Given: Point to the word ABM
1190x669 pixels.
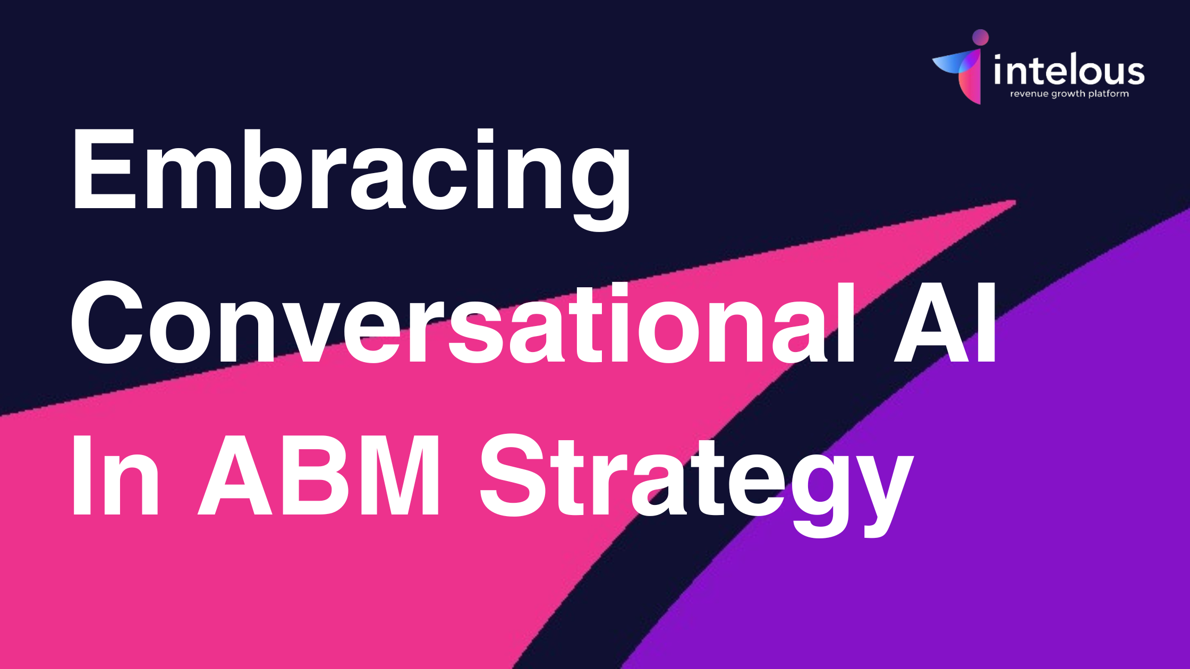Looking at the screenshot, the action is tap(319, 475).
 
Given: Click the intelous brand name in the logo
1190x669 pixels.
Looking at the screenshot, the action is tap(1069, 69).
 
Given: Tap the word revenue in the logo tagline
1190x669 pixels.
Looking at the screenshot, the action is tap(1030, 94).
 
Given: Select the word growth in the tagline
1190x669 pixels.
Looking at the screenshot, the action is tap(1068, 95).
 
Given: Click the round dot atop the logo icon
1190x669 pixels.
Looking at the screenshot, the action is tap(980, 38).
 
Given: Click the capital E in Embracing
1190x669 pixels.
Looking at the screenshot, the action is tap(105, 170).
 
